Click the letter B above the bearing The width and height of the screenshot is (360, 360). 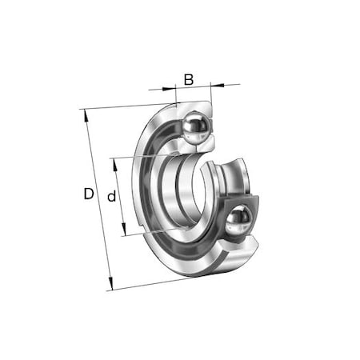click(x=189, y=78)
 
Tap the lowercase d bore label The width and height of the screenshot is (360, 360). click(x=113, y=196)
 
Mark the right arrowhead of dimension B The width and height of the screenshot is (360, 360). click(x=210, y=83)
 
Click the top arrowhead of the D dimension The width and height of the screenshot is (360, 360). click(x=83, y=113)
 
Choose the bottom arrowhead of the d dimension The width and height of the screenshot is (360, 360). click(x=124, y=233)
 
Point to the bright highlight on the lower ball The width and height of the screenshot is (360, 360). click(x=236, y=214)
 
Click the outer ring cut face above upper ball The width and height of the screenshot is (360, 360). click(x=192, y=106)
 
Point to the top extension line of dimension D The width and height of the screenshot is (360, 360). click(x=120, y=106)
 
